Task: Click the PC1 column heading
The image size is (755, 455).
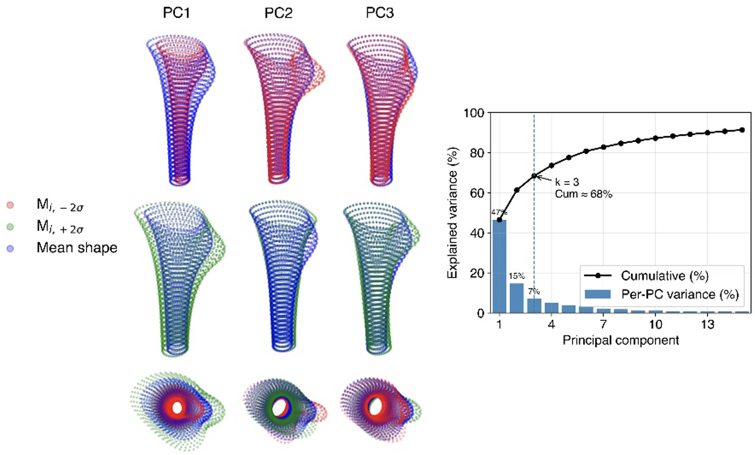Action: point(176,13)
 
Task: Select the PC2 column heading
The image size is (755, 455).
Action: point(278,13)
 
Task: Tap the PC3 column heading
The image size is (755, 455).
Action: point(380,13)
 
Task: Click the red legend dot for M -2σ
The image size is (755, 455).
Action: point(11,205)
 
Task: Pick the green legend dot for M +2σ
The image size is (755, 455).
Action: point(11,227)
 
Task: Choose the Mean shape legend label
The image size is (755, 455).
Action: point(77,248)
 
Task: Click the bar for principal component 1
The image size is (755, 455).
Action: point(500,266)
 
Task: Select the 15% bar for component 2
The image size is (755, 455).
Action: point(517,298)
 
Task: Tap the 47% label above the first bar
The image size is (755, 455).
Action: point(499,212)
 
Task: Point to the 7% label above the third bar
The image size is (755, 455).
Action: point(534,291)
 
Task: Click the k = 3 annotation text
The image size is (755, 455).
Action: point(567,182)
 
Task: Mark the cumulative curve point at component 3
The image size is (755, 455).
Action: point(534,176)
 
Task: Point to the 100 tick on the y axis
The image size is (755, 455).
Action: point(474,113)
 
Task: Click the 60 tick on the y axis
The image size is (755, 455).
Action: point(477,193)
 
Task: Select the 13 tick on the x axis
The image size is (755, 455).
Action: point(708,325)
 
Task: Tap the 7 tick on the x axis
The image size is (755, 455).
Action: point(604,325)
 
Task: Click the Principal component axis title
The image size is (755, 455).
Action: point(621,340)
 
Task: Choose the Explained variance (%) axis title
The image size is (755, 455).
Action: point(452,213)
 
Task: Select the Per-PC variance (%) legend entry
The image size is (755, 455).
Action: point(680,294)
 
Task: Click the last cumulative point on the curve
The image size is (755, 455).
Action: point(742,130)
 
